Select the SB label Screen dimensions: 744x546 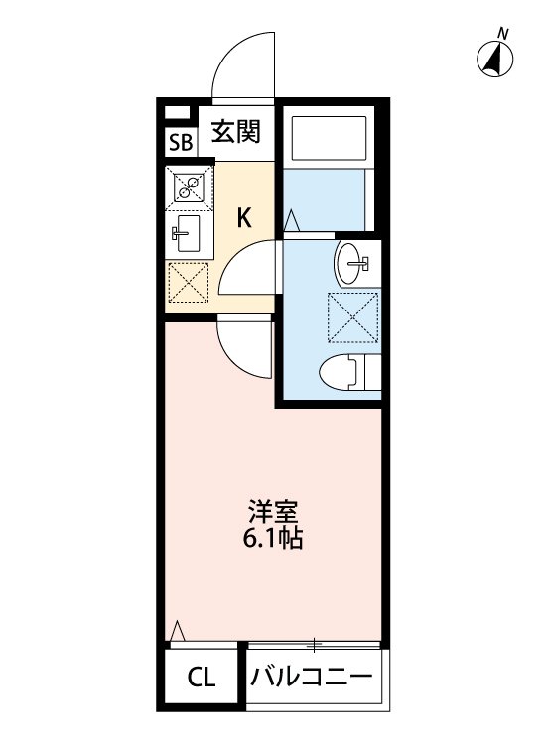[x=181, y=142]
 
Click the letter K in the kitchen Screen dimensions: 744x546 [x=241, y=216]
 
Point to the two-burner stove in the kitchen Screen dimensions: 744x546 [x=189, y=186]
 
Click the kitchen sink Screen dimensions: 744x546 [x=188, y=235]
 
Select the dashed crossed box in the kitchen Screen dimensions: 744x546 [x=188, y=282]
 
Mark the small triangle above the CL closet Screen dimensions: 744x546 [x=177, y=630]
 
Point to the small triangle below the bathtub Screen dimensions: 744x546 [x=292, y=221]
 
